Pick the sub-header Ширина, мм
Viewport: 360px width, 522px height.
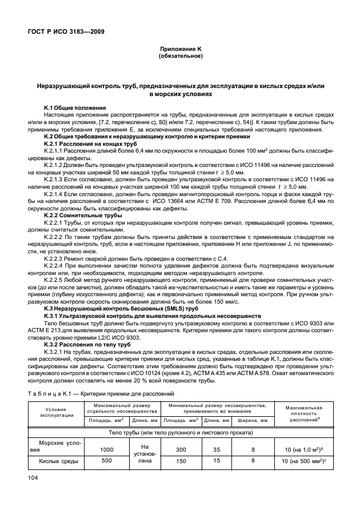click(252, 421)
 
